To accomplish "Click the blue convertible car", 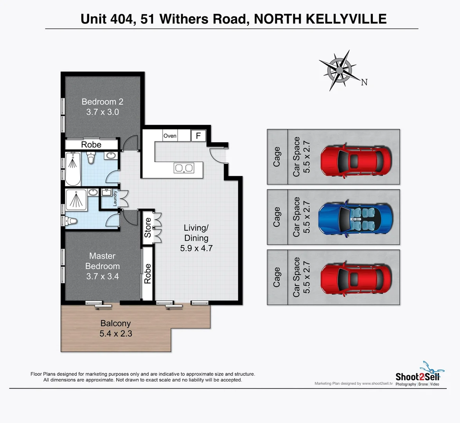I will tap(355, 217).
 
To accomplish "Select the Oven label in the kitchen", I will tap(170, 136).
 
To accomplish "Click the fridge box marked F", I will tap(198, 136).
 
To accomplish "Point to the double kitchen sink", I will tap(184, 168).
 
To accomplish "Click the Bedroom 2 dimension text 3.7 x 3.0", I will tap(102, 112).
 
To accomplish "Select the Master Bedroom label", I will tap(102, 261).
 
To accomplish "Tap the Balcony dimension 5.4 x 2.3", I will tap(116, 334).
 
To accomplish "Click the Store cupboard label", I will tap(147, 228).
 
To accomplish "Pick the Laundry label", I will tap(115, 199).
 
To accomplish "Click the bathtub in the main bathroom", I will tap(72, 168).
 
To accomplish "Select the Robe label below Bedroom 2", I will tap(91, 145).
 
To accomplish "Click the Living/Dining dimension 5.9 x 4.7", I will tap(196, 248).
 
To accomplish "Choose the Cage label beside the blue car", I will tap(277, 217).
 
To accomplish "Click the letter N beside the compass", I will tap(364, 82).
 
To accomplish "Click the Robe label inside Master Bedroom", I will tap(147, 273).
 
